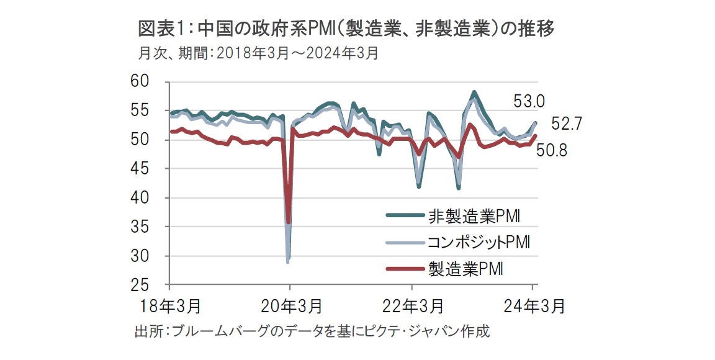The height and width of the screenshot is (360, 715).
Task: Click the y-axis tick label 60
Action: (142, 82)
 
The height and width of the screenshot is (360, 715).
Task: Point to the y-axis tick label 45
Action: (142, 169)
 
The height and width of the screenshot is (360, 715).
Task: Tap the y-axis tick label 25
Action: (142, 285)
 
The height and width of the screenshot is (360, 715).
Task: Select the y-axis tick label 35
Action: (142, 227)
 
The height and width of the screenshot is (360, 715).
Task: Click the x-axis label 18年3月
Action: (169, 306)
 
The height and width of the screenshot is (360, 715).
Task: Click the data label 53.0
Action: (529, 101)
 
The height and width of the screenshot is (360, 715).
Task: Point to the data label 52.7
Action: (567, 124)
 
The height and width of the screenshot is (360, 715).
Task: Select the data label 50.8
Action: (551, 151)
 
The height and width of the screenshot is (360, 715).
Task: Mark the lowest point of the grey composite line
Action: (287, 261)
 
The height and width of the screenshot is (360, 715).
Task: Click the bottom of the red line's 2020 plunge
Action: (289, 222)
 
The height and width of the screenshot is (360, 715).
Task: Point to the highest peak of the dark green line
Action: (474, 92)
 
